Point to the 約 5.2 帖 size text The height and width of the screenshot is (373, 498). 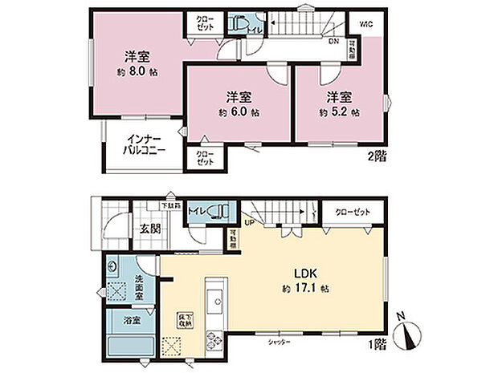click(x=338, y=112)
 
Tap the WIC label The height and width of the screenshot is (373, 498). click(x=365, y=24)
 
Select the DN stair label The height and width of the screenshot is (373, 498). click(x=333, y=42)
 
